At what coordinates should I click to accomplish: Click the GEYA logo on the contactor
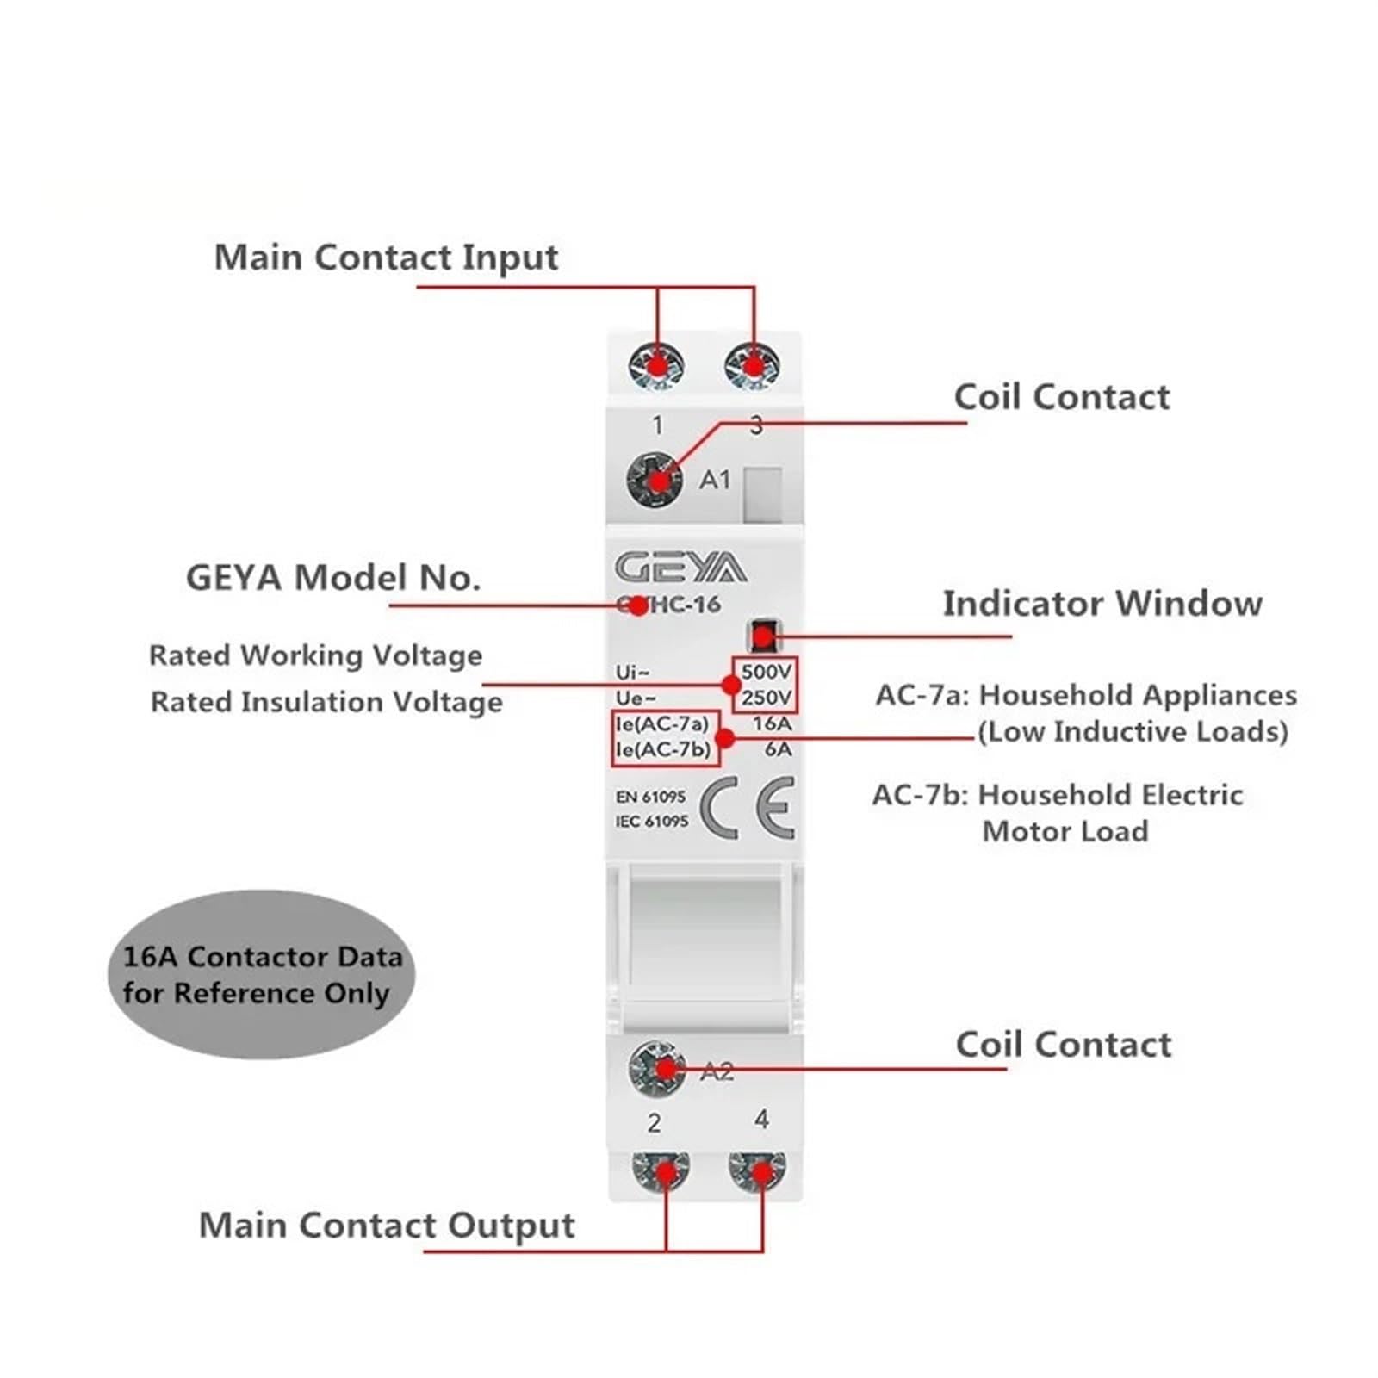[x=680, y=568]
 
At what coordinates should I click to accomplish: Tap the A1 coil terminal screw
[x=655, y=479]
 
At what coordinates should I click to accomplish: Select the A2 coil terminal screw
[x=657, y=1069]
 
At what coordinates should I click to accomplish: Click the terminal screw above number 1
[x=656, y=366]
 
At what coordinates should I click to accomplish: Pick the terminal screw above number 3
[x=753, y=366]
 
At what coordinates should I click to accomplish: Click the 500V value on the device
[x=766, y=671]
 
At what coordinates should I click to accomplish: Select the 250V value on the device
[x=766, y=697]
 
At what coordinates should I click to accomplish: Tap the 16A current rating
[x=772, y=723]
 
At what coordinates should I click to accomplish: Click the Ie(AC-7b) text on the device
[x=663, y=749]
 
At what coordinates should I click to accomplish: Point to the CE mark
[x=748, y=808]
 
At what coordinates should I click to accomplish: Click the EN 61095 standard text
[x=650, y=797]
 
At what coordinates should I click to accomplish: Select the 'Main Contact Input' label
[x=386, y=258]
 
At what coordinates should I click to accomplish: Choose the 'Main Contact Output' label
[x=387, y=1226]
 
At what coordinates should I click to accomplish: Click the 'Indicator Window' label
[x=1102, y=603]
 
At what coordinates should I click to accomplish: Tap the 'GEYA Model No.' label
[x=333, y=577]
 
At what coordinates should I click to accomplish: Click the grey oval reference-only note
[x=261, y=974]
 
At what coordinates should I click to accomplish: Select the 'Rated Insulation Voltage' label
[x=326, y=702]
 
